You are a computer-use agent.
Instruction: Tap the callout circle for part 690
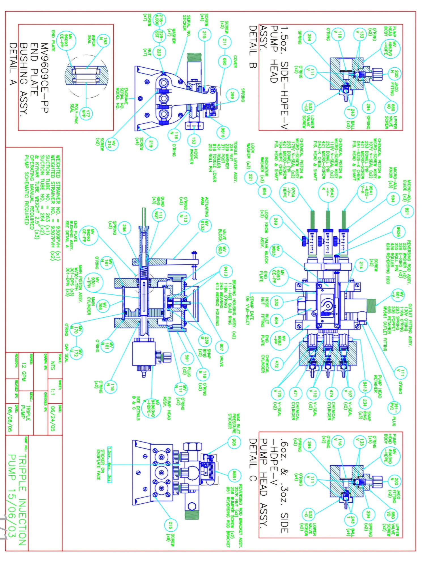pyautogui.click(x=224, y=61)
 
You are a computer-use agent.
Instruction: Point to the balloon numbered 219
pyautogui.click(x=151, y=144)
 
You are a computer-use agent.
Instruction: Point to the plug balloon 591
pyautogui.click(x=187, y=359)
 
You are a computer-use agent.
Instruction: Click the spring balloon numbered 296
pyautogui.click(x=124, y=229)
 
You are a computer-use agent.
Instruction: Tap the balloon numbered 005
pyautogui.click(x=234, y=442)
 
